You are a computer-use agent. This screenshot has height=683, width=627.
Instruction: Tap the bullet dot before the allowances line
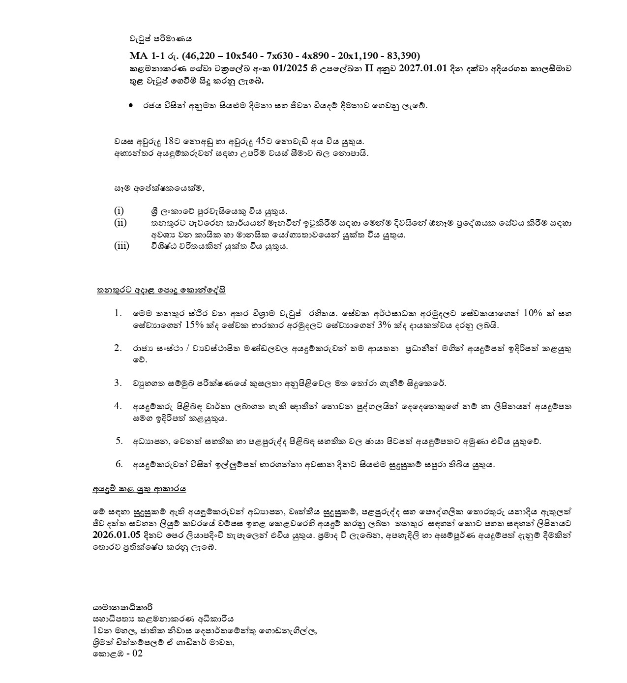pos(131,105)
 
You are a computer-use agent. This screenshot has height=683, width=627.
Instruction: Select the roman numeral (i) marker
pos(119,211)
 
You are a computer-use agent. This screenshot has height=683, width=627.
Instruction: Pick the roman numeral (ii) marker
pos(120,223)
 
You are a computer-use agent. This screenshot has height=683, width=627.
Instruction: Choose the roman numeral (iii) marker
pos(121,246)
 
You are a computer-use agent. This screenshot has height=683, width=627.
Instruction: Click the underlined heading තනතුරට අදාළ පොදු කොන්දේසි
pos(161,290)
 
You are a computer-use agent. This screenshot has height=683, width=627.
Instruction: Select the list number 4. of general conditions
pos(118,406)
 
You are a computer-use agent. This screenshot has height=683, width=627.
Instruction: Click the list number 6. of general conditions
pos(119,464)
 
